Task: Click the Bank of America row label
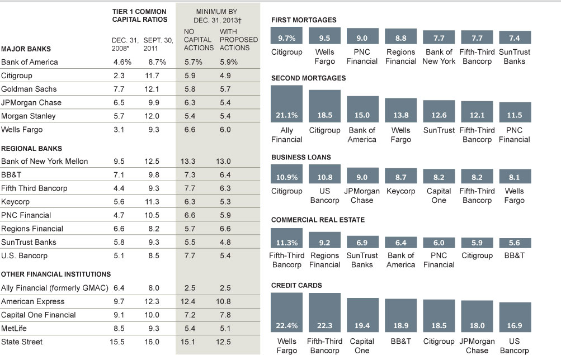tap(29, 62)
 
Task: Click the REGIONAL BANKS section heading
tap(31, 149)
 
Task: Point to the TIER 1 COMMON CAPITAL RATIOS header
tap(140, 15)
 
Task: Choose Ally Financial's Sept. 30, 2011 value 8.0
tap(152, 288)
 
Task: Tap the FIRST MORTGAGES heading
tap(304, 20)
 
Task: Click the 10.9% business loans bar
tap(286, 173)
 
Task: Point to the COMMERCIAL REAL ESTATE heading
tap(318, 220)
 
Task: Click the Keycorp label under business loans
tap(400, 191)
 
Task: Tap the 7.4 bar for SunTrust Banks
tap(515, 37)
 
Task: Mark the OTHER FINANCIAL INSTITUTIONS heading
tap(56, 274)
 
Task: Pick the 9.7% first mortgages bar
tap(286, 37)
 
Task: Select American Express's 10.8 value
tap(229, 301)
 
